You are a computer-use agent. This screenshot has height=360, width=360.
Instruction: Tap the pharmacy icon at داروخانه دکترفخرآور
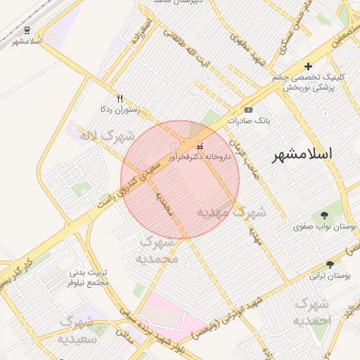click(200, 147)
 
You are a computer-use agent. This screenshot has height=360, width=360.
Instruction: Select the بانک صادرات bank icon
click(248, 110)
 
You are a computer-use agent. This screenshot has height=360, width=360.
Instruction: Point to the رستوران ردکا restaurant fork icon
click(120, 99)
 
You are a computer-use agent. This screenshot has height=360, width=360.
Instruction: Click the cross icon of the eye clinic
click(308, 66)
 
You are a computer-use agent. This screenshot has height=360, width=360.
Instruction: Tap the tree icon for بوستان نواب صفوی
click(324, 216)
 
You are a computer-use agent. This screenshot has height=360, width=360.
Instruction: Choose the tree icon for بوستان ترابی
click(314, 266)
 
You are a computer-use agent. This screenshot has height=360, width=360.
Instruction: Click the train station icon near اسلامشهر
click(27, 30)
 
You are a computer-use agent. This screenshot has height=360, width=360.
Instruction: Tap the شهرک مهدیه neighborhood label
click(231, 212)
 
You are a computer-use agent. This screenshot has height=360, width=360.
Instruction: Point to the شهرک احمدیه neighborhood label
click(312, 312)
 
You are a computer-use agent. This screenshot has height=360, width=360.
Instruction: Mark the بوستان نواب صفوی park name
click(326, 227)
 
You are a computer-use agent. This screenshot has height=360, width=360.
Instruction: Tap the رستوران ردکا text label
click(120, 110)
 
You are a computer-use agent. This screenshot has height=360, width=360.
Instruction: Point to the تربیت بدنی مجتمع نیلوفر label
click(89, 277)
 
